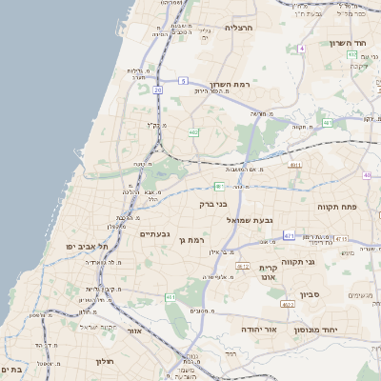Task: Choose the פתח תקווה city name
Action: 336,205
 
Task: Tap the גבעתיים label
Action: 154,233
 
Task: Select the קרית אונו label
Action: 267,273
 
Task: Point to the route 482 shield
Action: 193,132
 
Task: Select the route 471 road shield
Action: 287,234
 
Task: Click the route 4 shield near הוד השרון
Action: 301,48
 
